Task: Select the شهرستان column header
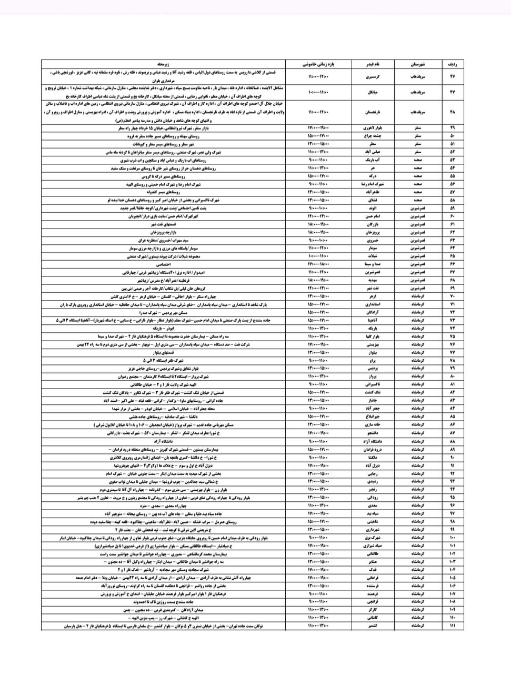[418, 64]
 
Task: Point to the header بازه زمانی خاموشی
[318, 64]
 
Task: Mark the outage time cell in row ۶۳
[318, 240]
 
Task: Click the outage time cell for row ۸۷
[318, 433]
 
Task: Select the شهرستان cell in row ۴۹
[418, 128]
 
